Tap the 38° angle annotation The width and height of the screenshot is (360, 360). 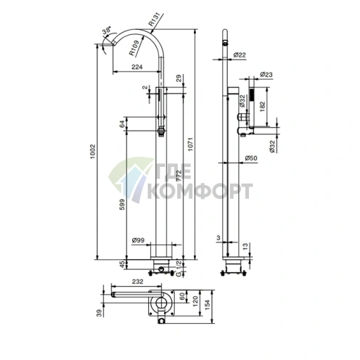(107, 33)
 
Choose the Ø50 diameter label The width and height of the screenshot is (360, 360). (252, 158)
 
